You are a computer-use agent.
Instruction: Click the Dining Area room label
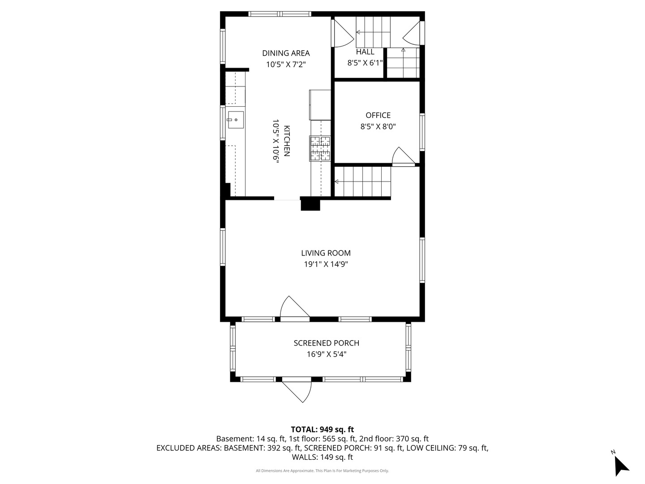click(286, 53)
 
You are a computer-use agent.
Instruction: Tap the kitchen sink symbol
click(235, 120)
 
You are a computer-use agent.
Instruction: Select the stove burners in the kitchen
click(320, 148)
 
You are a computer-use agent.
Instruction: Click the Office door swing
click(403, 156)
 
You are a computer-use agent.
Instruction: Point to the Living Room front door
click(294, 309)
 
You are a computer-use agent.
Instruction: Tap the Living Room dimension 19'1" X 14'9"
click(326, 264)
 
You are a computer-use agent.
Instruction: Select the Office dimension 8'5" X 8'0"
click(378, 127)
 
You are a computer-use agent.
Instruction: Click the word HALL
click(365, 52)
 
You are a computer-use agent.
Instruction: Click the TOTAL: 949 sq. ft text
click(322, 429)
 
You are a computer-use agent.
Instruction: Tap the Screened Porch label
click(326, 343)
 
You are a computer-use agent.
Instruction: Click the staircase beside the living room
click(363, 181)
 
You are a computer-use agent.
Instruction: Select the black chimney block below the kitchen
click(310, 204)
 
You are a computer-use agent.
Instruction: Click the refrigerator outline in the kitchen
click(320, 105)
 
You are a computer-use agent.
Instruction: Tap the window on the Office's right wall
click(422, 132)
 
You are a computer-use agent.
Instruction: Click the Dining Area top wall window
click(280, 14)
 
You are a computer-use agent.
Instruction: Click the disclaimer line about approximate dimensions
click(322, 471)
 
